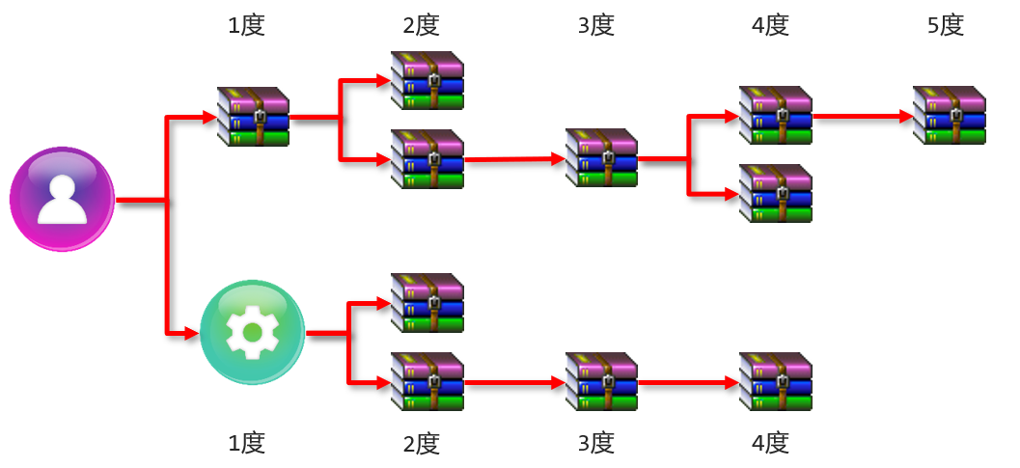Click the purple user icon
[x=62, y=200]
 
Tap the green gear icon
[x=252, y=333]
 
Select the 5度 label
[x=945, y=26]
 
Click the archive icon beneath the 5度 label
[x=950, y=116]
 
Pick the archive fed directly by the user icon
[x=253, y=116]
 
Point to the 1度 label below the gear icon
[x=246, y=443]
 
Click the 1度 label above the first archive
[x=246, y=26]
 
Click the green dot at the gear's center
[x=252, y=333]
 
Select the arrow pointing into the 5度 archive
[x=864, y=116]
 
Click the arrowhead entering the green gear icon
[x=191, y=334]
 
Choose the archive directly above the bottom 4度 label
[x=775, y=382]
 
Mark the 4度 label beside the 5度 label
[x=770, y=26]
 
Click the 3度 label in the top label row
[x=595, y=26]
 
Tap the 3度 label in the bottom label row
[x=595, y=443]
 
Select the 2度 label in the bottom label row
[x=421, y=443]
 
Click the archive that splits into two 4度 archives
[x=601, y=157]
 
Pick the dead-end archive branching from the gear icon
[x=427, y=303]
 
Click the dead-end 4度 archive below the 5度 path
[x=775, y=193]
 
